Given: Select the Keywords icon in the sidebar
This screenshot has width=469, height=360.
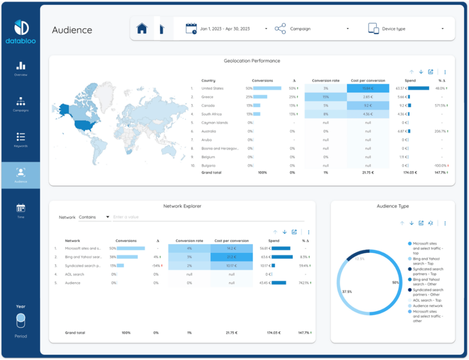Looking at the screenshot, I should click(x=21, y=136).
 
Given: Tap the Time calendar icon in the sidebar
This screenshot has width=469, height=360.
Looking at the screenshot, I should click(x=21, y=208).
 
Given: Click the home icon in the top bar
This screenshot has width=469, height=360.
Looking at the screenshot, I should click(x=142, y=28).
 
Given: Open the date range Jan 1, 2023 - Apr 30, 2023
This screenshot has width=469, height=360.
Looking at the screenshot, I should click(x=225, y=29).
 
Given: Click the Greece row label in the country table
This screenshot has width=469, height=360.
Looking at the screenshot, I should click(x=207, y=97).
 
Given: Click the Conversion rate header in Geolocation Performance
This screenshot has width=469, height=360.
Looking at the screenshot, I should click(x=326, y=81).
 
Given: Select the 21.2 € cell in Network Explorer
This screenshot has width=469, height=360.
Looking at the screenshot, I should click(x=231, y=257).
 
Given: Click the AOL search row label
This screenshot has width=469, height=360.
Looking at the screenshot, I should click(x=75, y=274).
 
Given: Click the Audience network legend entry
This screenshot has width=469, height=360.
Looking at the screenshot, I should click(x=427, y=305).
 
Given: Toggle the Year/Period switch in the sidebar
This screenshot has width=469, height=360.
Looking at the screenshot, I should click(x=21, y=321).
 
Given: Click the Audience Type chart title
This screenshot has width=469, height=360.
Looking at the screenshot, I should click(x=393, y=206).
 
